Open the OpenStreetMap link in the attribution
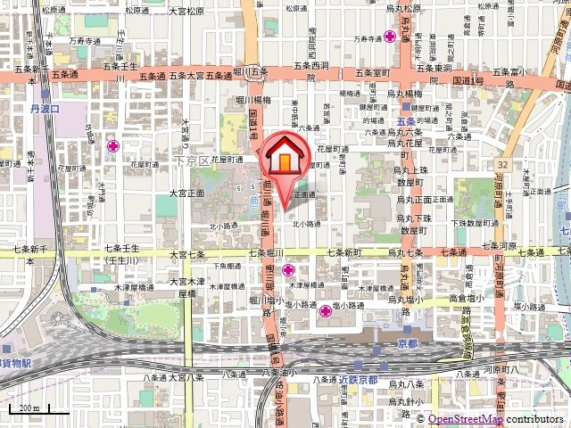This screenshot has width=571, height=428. pyautogui.click(x=465, y=419)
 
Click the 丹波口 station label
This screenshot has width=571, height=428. pyautogui.click(x=43, y=109)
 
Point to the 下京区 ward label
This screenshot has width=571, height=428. pyautogui.click(x=190, y=160)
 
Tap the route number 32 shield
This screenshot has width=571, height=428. pyautogui.click(x=503, y=165)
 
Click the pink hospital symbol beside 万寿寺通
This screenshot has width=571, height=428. pyautogui.click(x=390, y=37)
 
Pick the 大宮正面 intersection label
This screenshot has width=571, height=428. pyautogui.click(x=186, y=193)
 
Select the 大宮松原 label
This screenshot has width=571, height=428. pyautogui.click(x=187, y=11)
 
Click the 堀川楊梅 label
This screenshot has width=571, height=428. pyautogui.click(x=252, y=100)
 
